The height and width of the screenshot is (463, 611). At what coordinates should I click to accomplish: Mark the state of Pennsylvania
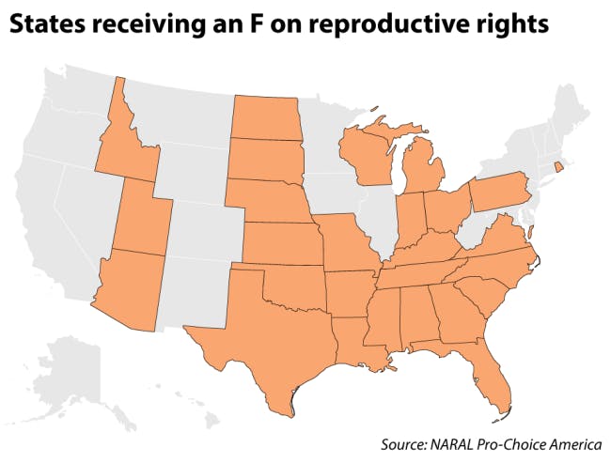coord(498,193)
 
